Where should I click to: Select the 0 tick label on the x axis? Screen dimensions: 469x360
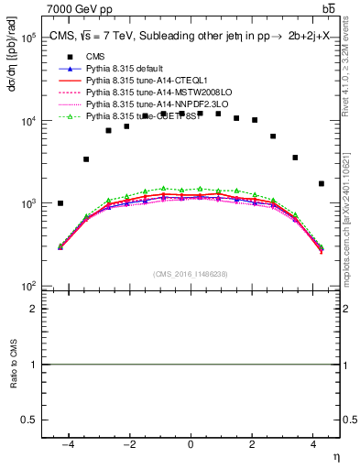point(190,443)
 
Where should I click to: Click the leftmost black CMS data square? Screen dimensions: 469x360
point(60,203)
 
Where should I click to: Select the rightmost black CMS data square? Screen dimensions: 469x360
point(321,183)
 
